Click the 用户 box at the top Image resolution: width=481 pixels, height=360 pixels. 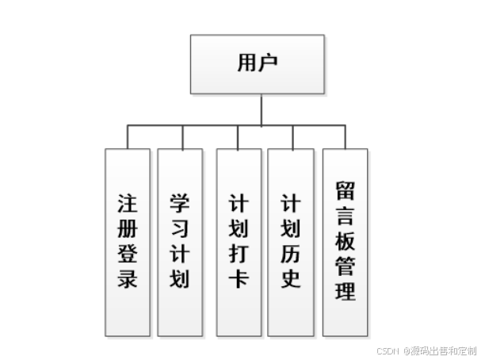tap(257, 63)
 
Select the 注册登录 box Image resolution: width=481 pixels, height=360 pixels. tap(128, 241)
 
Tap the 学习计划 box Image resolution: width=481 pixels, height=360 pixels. tap(180, 241)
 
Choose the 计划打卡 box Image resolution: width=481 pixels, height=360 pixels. tap(239, 241)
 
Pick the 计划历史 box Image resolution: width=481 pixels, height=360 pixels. tap(291, 241)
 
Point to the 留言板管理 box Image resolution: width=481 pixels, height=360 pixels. tap(345, 241)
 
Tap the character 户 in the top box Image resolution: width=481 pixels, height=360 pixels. tap(268, 63)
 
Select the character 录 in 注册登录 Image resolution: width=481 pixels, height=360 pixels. tap(128, 280)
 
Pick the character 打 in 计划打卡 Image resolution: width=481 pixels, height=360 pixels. tap(239, 254)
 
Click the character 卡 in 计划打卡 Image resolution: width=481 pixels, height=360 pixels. tap(239, 280)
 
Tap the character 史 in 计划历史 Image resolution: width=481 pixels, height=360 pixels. tap(291, 280)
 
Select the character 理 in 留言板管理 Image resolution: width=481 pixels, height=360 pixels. tap(345, 292)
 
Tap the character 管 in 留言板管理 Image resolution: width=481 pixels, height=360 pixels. tap(345, 266)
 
